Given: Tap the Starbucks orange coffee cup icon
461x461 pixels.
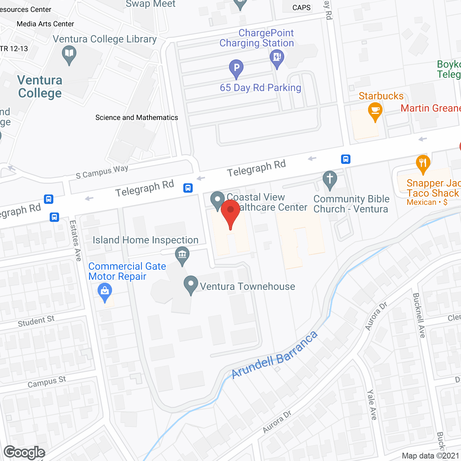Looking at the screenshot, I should [x=375, y=111].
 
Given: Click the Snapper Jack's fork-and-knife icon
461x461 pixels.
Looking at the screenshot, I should [x=423, y=163].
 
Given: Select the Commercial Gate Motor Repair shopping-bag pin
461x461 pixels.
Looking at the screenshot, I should [x=105, y=292].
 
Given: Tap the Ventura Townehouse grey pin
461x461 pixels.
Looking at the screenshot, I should [x=191, y=285].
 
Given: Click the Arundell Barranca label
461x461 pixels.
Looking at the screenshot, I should [x=274, y=355].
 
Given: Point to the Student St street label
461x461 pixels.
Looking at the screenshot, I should [x=36, y=321].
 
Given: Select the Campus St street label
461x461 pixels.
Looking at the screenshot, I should [x=47, y=382].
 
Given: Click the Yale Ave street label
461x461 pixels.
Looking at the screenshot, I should [x=372, y=404].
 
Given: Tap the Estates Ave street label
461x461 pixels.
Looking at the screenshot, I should [x=75, y=240].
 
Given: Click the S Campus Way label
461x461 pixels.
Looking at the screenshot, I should [x=102, y=172].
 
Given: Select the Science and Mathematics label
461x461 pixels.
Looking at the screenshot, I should [x=136, y=117].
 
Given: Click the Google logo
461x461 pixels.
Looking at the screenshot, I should [x=24, y=452].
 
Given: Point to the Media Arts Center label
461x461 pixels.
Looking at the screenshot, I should [x=45, y=24].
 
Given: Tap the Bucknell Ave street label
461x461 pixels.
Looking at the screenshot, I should [x=419, y=315].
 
